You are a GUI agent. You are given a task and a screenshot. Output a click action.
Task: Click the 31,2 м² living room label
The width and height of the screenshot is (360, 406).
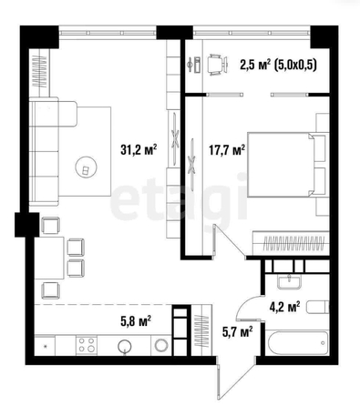[x=139, y=149]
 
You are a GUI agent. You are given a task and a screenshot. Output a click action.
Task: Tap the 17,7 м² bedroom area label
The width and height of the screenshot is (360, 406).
[x=227, y=149]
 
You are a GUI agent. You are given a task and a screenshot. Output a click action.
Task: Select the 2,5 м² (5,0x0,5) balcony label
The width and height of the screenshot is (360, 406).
[x=278, y=65]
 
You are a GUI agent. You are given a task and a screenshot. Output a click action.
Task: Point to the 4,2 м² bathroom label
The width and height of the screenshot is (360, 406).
[x=285, y=307]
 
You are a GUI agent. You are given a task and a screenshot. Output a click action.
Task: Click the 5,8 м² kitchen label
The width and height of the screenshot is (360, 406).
[x=136, y=320]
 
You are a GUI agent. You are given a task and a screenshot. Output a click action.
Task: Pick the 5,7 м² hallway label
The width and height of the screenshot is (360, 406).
[x=238, y=331]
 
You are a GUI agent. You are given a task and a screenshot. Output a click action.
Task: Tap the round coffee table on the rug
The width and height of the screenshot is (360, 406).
[x=87, y=167]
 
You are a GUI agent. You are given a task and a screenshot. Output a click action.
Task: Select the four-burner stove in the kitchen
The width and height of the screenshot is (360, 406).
[x=87, y=345]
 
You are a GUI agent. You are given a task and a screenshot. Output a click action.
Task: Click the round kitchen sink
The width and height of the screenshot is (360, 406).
[x=125, y=346]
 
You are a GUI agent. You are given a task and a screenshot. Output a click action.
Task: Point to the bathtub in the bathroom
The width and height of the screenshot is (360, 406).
[x=296, y=342]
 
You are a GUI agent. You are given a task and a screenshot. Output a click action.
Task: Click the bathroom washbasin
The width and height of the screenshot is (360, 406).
[x=289, y=281]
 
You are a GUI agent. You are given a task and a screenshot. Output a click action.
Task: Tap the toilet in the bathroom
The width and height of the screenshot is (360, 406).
[x=317, y=307]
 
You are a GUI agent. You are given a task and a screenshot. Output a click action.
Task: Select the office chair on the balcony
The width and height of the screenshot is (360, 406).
[x=217, y=65]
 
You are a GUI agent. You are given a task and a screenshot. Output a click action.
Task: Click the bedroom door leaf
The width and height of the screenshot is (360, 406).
[x=230, y=241]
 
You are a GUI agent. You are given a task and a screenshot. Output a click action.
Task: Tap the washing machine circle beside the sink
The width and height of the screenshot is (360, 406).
[x=161, y=345]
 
